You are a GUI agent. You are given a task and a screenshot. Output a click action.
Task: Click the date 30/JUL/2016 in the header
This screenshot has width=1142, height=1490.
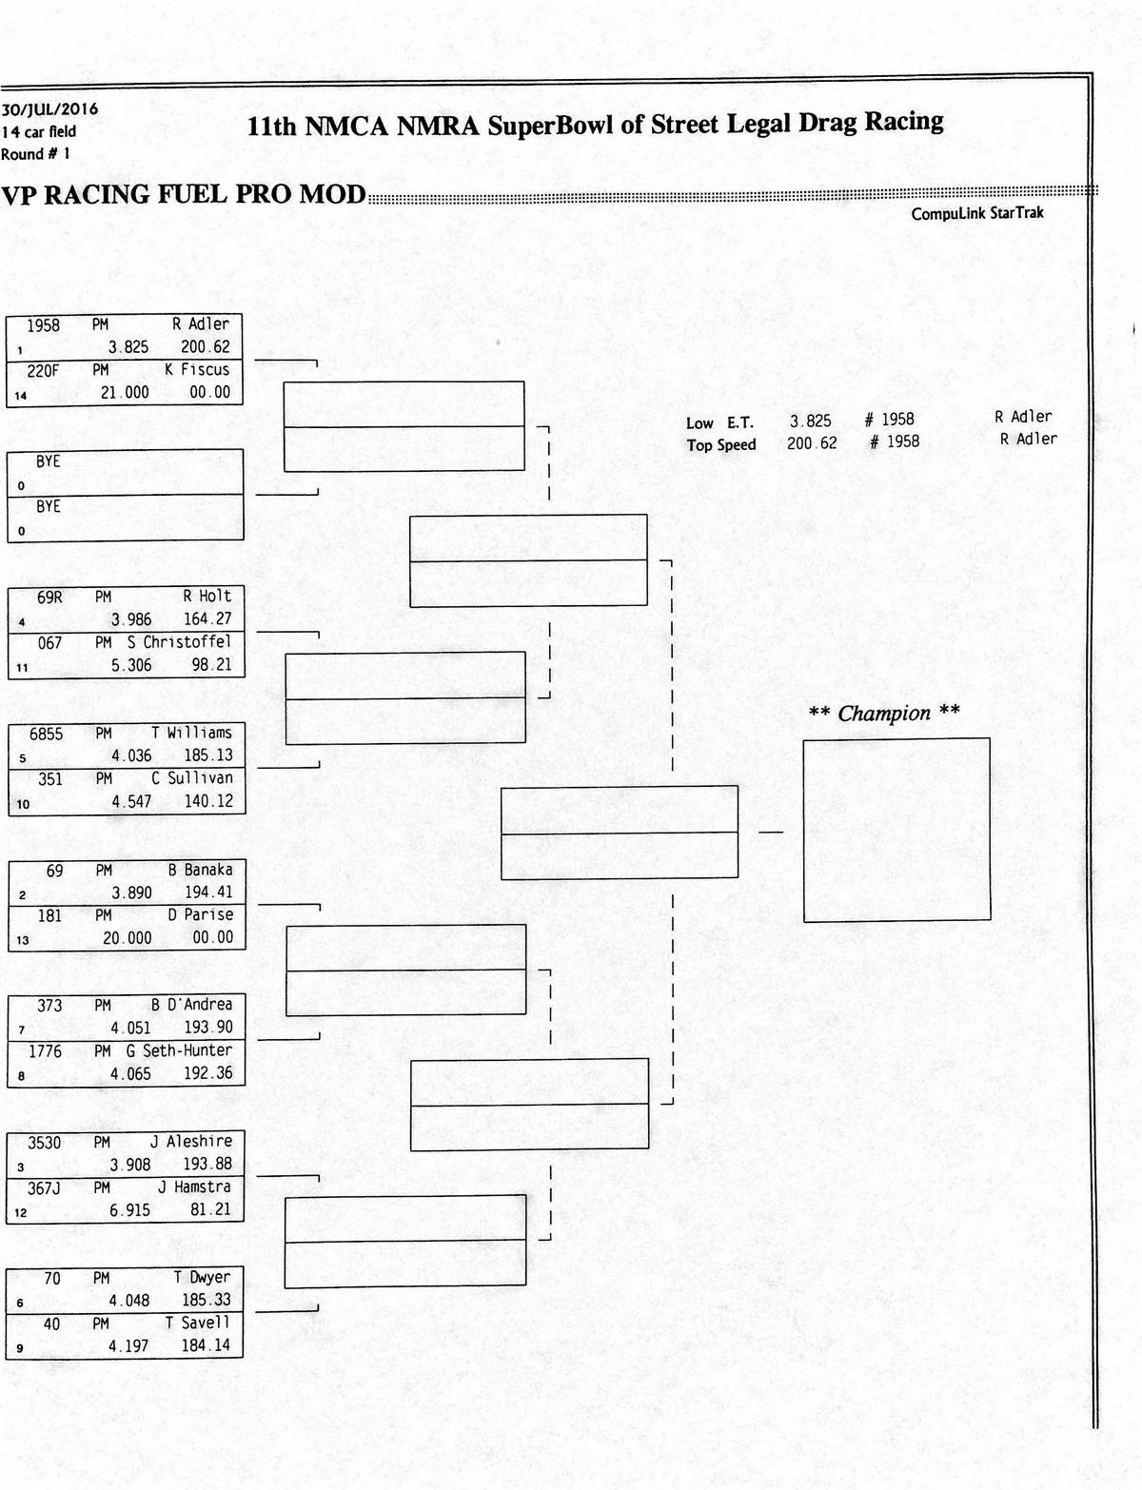point(49,109)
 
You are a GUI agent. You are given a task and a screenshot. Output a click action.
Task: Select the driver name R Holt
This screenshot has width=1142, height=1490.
point(207,597)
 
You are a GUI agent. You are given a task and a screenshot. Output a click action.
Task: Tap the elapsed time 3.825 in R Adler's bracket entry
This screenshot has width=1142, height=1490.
point(128,347)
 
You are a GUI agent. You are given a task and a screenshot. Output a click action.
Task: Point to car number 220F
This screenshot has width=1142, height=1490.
point(42,370)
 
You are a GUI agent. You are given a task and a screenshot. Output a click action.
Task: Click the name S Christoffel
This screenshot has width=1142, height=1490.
point(179,642)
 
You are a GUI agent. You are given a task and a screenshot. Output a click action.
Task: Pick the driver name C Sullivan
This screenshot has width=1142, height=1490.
point(192,778)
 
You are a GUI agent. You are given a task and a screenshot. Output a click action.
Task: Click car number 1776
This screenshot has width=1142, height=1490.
point(45,1051)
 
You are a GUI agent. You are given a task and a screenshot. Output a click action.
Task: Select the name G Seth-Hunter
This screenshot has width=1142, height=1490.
point(179,1050)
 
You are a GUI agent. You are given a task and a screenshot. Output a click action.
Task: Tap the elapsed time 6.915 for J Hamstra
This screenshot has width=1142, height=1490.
point(130,1210)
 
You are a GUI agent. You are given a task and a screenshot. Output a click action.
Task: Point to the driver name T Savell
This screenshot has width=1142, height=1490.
point(197,1323)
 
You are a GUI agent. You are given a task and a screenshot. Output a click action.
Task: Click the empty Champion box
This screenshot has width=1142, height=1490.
point(896,830)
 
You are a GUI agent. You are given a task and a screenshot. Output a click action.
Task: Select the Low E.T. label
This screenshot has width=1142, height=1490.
point(719,423)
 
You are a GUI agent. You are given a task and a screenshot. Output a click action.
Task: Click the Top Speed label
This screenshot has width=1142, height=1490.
point(721,445)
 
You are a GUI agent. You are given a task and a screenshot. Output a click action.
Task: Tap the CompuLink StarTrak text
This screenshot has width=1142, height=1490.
point(976,213)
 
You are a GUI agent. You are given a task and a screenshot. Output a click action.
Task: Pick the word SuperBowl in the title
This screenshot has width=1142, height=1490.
point(550,125)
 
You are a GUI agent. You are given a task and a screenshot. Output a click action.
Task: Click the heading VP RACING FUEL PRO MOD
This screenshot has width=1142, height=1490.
point(183,195)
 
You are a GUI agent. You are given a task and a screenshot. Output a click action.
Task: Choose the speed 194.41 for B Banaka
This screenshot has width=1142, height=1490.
point(208,892)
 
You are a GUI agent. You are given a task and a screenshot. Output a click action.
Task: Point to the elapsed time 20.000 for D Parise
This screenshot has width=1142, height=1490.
point(128,938)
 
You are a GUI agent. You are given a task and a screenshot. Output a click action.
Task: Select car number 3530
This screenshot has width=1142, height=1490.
point(44,1143)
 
